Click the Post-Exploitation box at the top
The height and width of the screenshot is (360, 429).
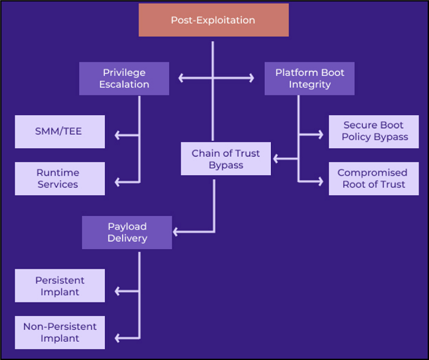213,20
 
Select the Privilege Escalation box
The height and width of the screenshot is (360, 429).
124,78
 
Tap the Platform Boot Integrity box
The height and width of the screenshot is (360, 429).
309,78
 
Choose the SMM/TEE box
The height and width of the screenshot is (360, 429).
59,132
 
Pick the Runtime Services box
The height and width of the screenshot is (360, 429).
59,178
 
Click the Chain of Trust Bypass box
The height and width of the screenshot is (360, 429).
226,159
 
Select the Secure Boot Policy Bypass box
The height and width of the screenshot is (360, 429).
374,131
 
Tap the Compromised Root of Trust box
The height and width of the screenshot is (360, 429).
374,178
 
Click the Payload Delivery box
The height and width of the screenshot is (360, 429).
127,233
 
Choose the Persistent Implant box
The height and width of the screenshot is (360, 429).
59,286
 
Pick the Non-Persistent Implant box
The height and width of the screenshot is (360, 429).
59,332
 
